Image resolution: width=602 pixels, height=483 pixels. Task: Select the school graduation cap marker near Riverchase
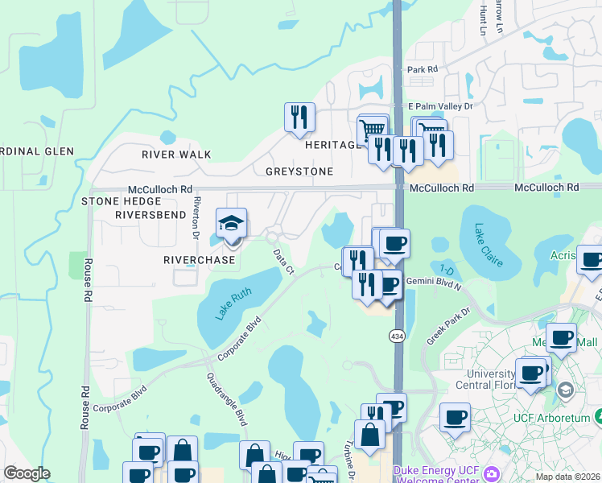pos(232,225)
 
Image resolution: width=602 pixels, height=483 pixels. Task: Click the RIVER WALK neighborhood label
pos(176,154)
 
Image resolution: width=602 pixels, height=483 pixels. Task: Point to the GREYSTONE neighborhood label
pos(299,171)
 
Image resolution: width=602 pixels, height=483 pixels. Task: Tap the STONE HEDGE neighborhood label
pos(118,200)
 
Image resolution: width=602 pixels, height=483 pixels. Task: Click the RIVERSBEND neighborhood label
pos(150,215)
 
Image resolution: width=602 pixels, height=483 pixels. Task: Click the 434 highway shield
pos(398,334)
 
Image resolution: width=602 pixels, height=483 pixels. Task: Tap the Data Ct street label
pos(282,262)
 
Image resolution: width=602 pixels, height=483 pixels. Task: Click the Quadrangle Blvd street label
pos(227,399)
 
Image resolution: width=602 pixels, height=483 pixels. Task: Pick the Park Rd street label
pos(422,70)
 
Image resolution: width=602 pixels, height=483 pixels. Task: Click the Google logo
pos(27,473)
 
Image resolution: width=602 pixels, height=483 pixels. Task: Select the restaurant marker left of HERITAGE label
pos(299,118)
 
